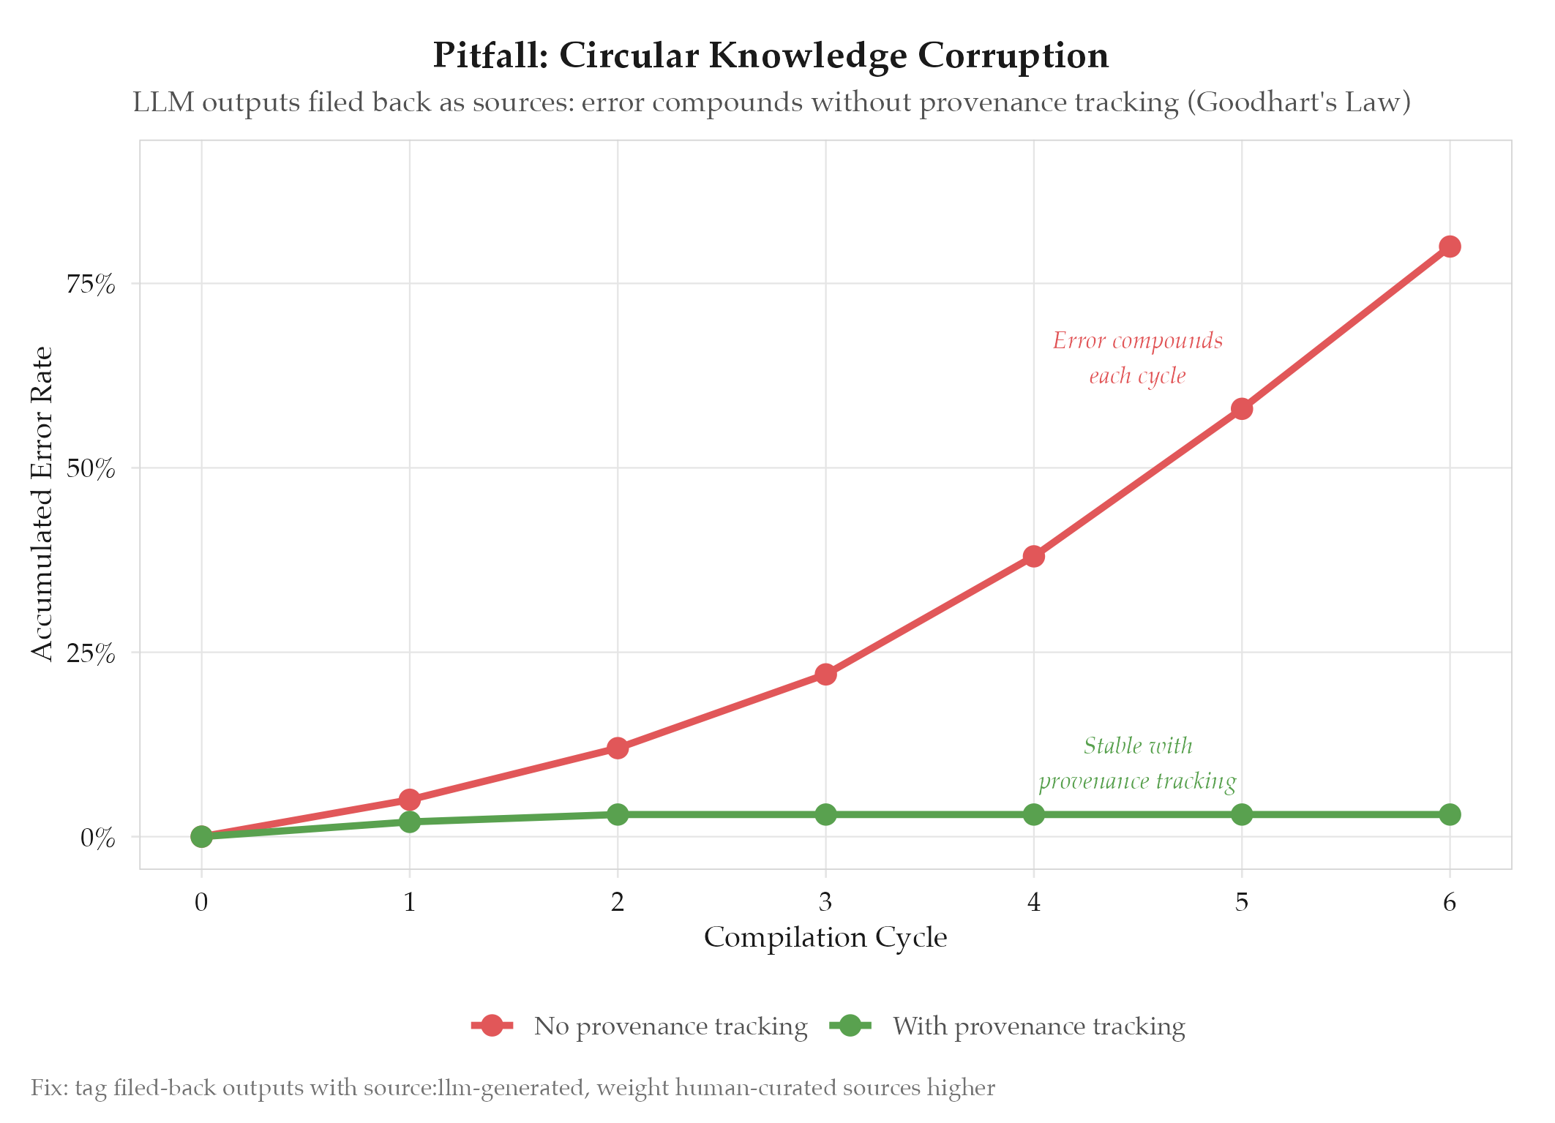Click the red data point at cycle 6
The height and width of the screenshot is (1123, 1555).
(x=1450, y=247)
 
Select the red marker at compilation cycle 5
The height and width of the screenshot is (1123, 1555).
(x=1242, y=409)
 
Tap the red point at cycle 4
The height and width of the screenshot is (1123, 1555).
(x=1033, y=556)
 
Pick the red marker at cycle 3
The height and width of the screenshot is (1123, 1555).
(x=825, y=674)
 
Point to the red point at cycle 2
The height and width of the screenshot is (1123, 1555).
(x=618, y=748)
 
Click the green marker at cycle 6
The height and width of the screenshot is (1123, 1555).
(x=1450, y=814)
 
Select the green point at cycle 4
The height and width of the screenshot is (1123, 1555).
(x=1033, y=814)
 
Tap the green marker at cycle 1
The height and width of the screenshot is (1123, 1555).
(x=410, y=822)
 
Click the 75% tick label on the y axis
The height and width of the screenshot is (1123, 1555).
(x=91, y=284)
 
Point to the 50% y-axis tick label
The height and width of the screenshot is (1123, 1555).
(x=91, y=468)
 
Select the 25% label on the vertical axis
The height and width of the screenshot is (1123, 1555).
(x=91, y=653)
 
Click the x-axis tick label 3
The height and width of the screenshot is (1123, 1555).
(x=825, y=903)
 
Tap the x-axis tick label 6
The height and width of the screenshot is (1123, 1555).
(x=1450, y=903)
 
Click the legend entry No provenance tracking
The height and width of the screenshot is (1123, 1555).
(x=670, y=1026)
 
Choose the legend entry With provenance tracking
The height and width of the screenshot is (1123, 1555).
(x=1038, y=1026)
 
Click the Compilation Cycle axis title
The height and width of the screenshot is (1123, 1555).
(x=825, y=937)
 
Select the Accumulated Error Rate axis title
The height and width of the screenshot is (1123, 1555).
(x=42, y=503)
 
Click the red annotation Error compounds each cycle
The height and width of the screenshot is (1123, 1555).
(x=1137, y=358)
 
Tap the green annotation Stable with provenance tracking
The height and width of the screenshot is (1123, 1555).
(x=1137, y=763)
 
